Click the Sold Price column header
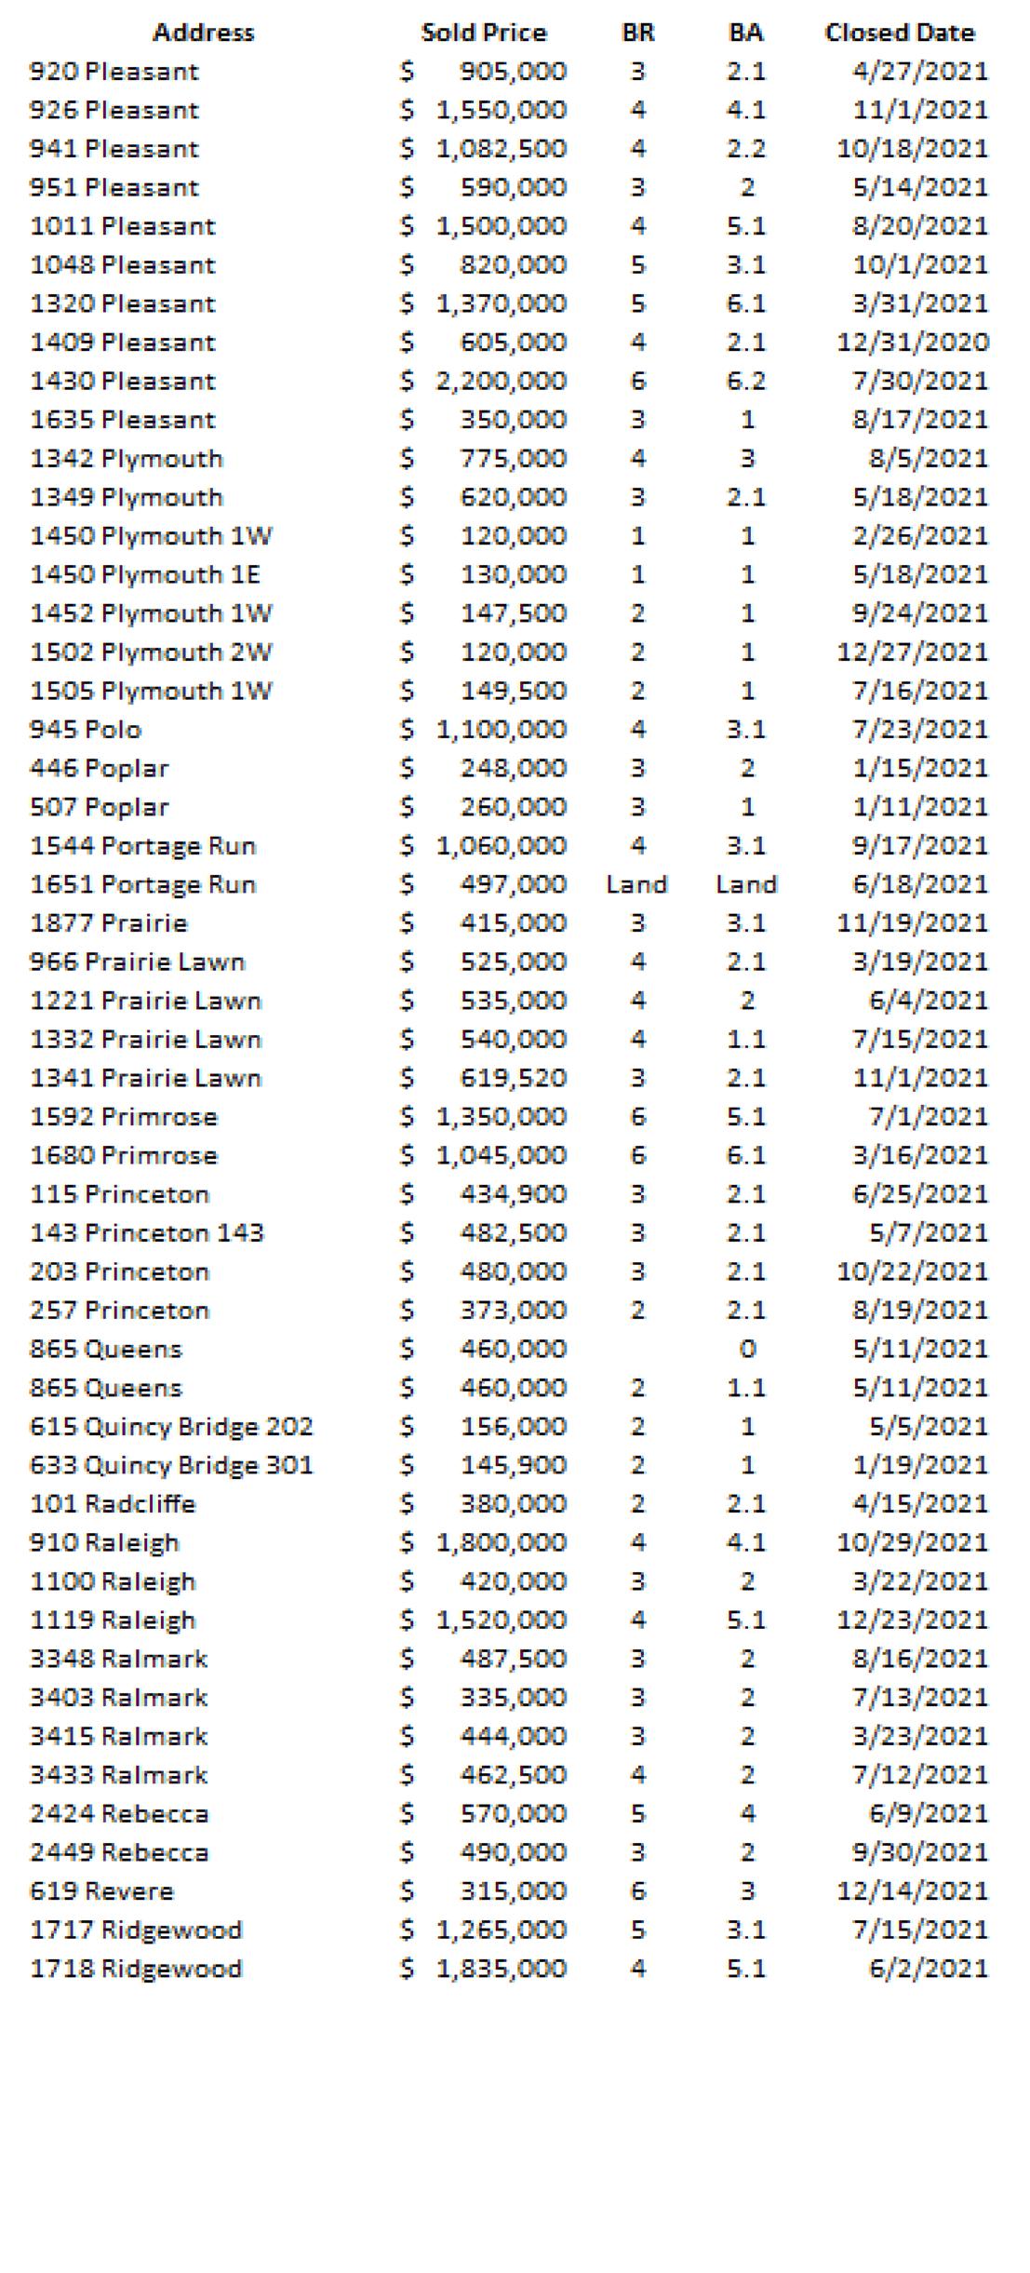[484, 33]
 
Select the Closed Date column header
[899, 33]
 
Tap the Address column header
[203, 33]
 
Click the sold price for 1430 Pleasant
[502, 381]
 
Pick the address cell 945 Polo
[86, 729]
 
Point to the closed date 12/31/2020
[912, 342]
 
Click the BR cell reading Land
[636, 884]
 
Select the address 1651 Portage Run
[142, 884]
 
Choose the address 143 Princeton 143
[147, 1232]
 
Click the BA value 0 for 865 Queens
[746, 1349]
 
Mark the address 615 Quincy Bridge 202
[171, 1426]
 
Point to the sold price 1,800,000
[502, 1542]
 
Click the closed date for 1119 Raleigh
[912, 1620]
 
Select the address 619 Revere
[101, 1890]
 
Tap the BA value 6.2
[746, 381]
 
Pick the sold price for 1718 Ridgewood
[502, 1968]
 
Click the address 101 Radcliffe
[113, 1503]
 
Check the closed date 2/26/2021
[920, 535]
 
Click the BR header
[637, 33]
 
